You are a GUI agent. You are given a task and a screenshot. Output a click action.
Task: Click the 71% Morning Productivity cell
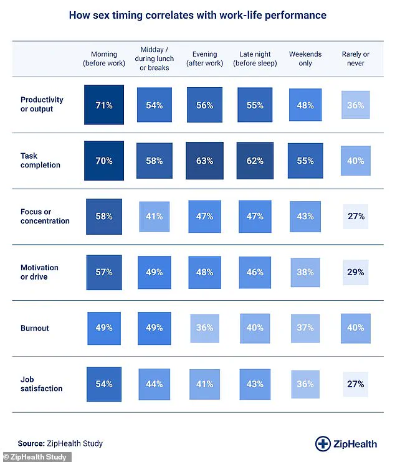point(104,105)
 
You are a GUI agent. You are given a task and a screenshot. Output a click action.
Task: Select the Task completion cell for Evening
point(204,161)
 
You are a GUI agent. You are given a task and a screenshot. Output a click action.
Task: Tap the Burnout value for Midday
point(154,327)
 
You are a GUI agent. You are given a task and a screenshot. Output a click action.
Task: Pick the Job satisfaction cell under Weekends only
point(305,384)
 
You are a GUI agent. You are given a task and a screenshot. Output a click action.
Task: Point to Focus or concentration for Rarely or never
point(356,216)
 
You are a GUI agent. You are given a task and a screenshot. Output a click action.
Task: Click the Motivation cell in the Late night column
point(254,272)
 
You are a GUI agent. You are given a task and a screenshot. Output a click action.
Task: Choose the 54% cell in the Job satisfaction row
point(104,384)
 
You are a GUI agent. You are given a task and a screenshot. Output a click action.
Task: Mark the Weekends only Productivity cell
point(305,105)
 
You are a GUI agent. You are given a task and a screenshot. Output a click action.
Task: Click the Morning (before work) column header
point(104,59)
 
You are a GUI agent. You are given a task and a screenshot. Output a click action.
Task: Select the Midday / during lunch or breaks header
point(154,59)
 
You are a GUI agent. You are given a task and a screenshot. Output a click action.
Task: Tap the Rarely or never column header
point(356,59)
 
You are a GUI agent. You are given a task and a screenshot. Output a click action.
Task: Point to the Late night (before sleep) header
point(254,59)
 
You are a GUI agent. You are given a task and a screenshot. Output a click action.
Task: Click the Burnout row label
point(35,327)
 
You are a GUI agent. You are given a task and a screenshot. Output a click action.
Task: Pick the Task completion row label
point(40,161)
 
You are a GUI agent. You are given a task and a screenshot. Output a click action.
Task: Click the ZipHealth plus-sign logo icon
point(323,443)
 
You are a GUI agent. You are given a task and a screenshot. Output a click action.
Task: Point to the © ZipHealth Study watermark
point(36,457)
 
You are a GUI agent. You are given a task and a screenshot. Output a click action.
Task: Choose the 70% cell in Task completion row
point(104,161)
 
